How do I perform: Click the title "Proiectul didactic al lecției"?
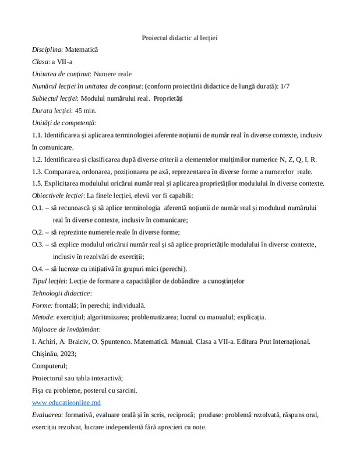click(179, 38)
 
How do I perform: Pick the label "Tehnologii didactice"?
click(61, 293)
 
